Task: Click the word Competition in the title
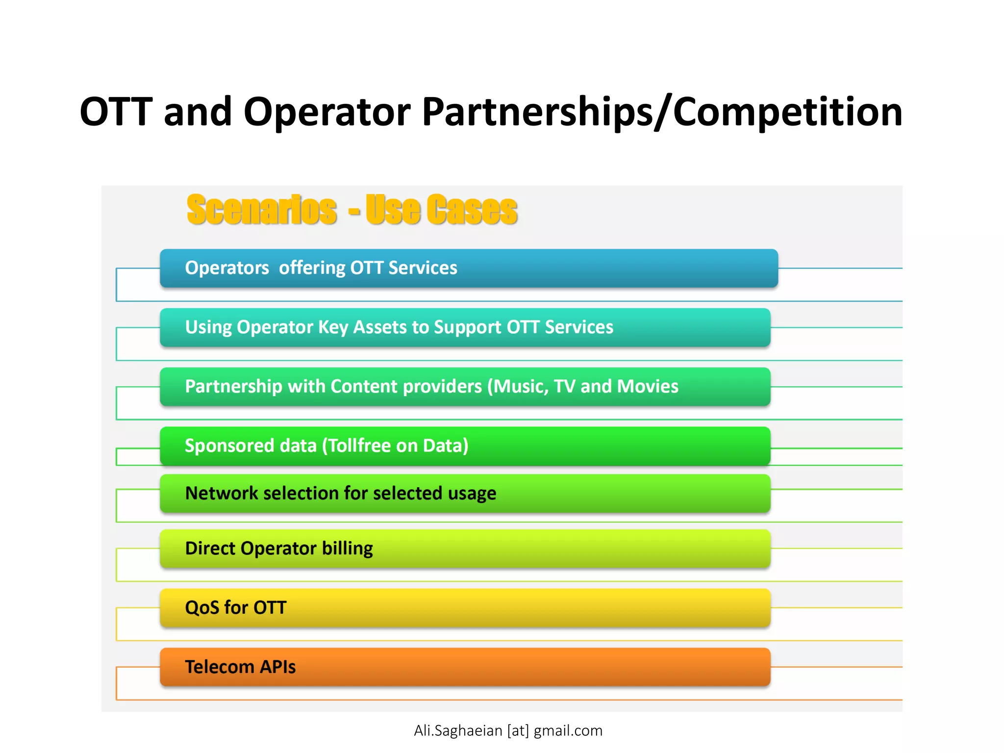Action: coord(787,112)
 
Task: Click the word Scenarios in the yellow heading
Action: coord(262,210)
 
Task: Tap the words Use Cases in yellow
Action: coord(441,210)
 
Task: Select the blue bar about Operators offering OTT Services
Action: coord(468,268)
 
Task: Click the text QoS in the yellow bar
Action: coord(202,607)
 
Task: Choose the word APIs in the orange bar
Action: coord(277,667)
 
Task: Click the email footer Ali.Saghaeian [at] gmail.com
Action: coord(508,730)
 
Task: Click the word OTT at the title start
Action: coord(116,112)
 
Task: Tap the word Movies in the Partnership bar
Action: coord(648,386)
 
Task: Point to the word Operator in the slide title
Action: coord(327,112)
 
